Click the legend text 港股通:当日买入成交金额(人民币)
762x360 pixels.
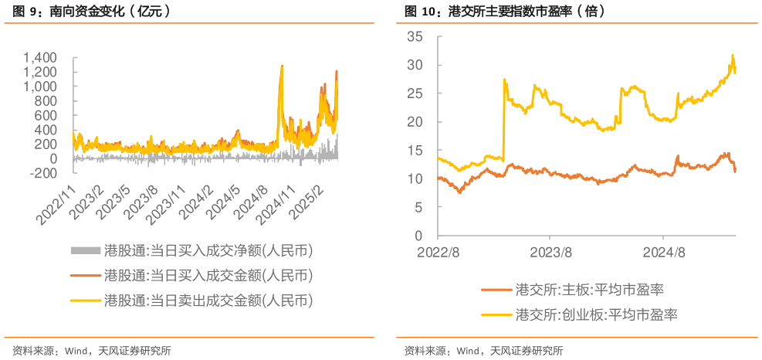click(208, 276)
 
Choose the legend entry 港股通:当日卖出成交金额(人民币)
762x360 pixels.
click(208, 300)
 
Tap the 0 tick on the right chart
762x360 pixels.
click(418, 236)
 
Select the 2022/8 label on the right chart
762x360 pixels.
click(439, 252)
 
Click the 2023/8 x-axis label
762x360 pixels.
click(550, 252)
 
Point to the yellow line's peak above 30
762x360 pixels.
click(732, 56)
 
